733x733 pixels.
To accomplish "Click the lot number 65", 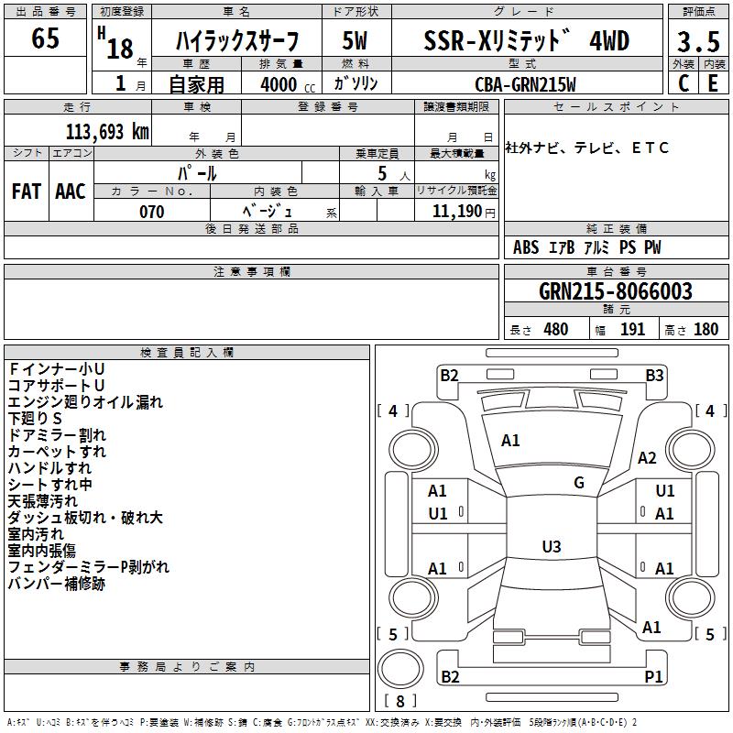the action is (x=45, y=39).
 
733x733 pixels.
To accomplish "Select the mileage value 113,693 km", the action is (x=107, y=131).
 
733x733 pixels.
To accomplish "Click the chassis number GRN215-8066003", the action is (x=615, y=291).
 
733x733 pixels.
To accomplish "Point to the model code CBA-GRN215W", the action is (x=525, y=84).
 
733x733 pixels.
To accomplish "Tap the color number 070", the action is (x=151, y=212).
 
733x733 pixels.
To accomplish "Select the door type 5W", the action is (x=356, y=42).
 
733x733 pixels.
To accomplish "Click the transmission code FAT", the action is (x=27, y=191).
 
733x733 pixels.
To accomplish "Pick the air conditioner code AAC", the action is (x=71, y=191).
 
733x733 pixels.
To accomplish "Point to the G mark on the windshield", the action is (x=579, y=483).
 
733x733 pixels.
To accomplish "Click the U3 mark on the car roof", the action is (x=551, y=547).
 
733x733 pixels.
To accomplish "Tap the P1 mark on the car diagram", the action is (x=653, y=676).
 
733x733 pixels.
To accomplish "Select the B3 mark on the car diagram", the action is (x=653, y=375).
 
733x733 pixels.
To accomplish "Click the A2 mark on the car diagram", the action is (x=647, y=458).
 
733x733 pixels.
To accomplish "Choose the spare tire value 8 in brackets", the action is (x=400, y=701).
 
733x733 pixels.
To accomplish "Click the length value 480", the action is (x=555, y=329).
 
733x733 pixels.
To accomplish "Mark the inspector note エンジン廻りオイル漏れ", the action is (x=85, y=401).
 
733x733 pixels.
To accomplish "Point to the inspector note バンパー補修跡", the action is (x=57, y=583).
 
